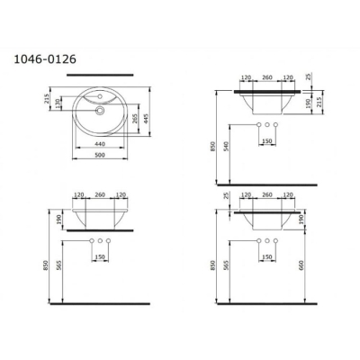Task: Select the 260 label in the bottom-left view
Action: [x=99, y=193]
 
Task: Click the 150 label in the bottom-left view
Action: [x=99, y=256]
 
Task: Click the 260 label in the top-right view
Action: [x=266, y=78]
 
